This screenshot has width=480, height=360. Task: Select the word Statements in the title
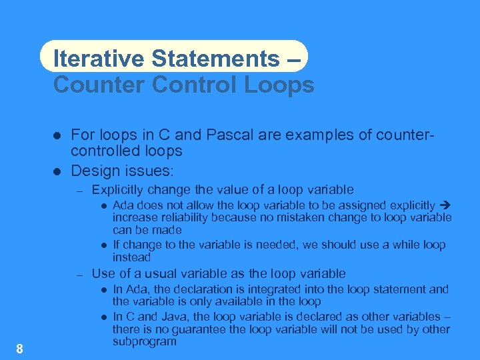pos(216,58)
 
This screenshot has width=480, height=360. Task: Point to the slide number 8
pos(20,349)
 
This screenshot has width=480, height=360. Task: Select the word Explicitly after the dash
pos(117,190)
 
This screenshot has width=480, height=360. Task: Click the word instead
pos(131,257)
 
